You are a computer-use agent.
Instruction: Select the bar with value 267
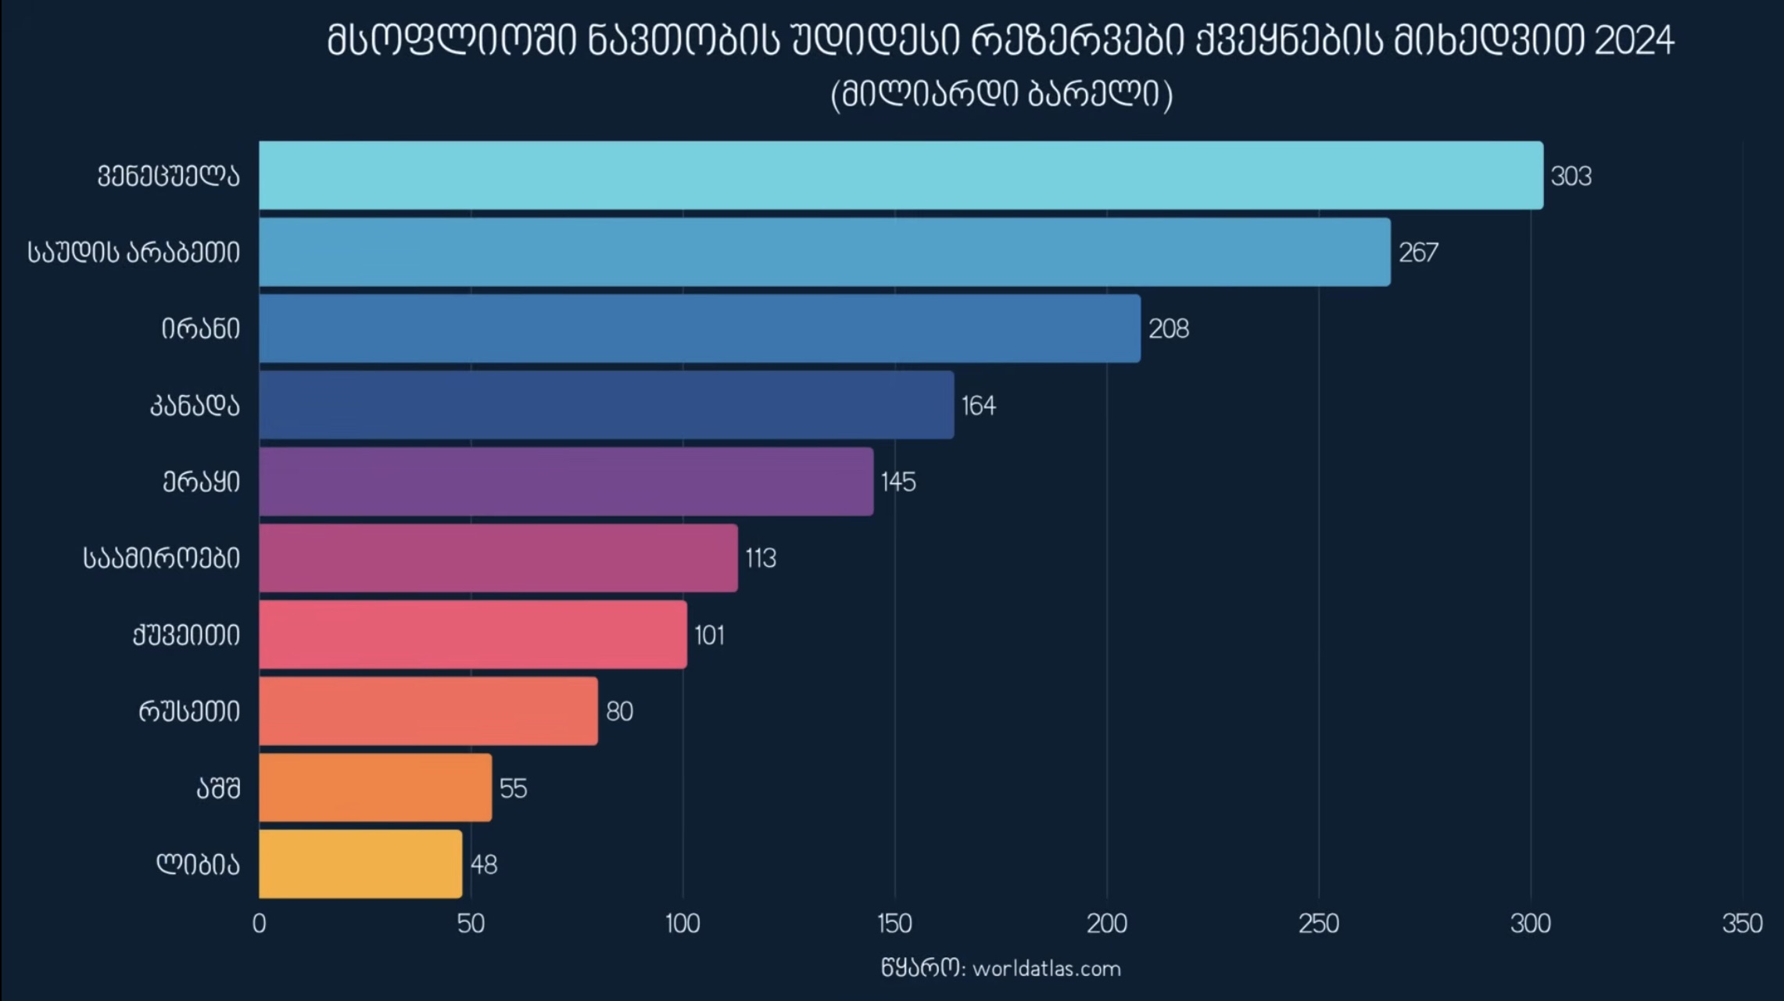point(825,252)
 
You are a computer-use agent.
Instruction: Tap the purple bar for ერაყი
point(566,482)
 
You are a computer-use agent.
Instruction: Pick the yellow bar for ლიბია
point(360,864)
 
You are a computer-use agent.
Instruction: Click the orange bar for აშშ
point(375,788)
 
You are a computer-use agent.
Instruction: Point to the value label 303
point(1571,177)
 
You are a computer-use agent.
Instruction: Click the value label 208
point(1168,329)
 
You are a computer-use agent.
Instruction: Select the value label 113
point(761,558)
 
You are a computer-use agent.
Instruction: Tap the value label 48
point(484,865)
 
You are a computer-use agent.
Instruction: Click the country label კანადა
point(195,406)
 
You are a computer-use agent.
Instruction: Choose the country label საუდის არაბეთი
point(134,253)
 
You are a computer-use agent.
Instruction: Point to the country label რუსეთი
point(189,712)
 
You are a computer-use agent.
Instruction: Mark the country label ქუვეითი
point(186,635)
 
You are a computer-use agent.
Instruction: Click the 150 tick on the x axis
point(894,924)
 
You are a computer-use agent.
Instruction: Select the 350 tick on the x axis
point(1742,924)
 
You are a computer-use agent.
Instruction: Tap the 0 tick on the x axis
point(260,924)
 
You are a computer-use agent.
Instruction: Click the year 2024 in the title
point(1634,41)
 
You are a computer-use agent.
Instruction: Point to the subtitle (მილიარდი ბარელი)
point(1001,95)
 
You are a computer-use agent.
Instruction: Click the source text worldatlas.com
point(1046,969)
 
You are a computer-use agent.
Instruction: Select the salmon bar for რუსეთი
point(428,711)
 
